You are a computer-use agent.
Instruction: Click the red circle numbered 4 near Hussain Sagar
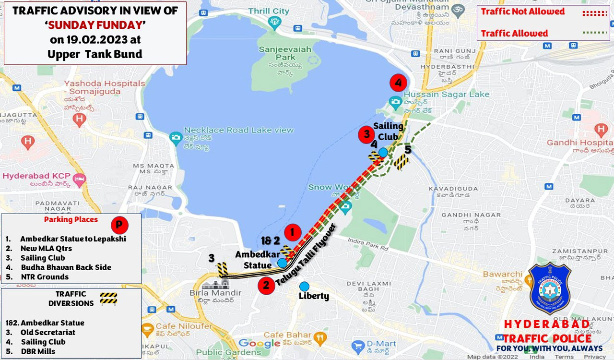pos(398,83)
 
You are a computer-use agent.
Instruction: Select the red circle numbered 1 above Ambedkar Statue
pos(292,233)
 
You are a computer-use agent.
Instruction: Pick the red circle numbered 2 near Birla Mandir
pos(266,286)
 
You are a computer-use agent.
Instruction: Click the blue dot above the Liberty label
pos(304,286)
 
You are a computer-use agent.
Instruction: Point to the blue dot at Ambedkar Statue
pos(282,263)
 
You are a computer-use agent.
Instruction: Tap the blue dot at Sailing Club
pos(383,153)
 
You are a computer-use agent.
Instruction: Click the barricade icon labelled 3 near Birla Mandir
pos(223,270)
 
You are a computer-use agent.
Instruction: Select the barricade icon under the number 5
pos(401,162)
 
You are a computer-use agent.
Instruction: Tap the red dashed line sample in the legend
pos(595,13)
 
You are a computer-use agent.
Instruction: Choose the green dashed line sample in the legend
pos(595,33)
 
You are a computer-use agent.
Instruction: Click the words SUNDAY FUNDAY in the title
pos(95,25)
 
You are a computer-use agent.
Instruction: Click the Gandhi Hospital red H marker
pos(601,129)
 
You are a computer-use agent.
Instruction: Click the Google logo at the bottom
pos(259,343)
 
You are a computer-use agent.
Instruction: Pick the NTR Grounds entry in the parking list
pos(45,277)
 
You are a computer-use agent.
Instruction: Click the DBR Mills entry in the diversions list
pos(38,351)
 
